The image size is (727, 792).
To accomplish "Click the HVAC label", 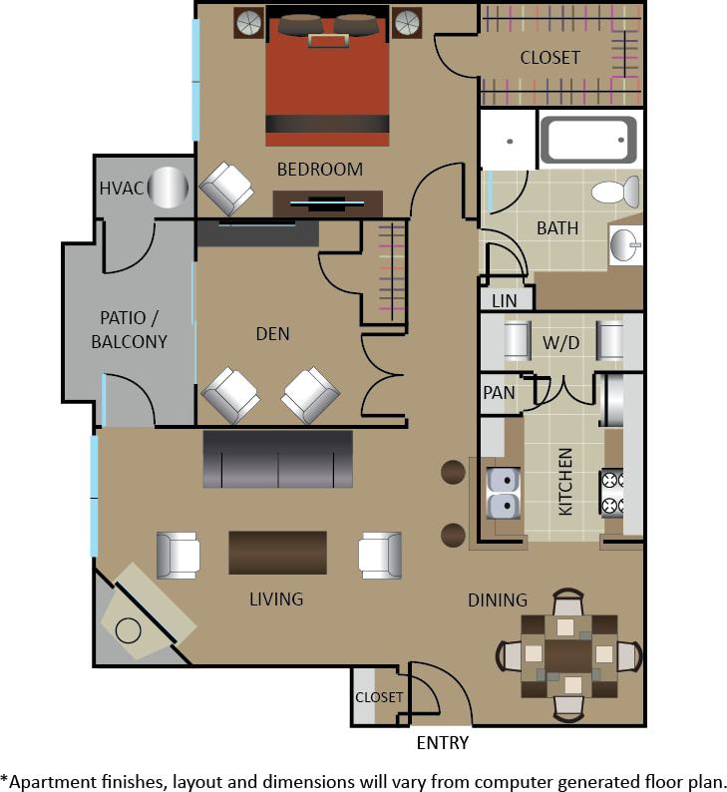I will [x=119, y=189].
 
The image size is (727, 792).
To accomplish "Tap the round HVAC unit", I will [x=168, y=188].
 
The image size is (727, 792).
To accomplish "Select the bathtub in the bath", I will [x=588, y=140].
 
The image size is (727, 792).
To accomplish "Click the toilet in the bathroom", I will [x=615, y=192].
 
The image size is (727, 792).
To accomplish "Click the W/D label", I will [x=559, y=342].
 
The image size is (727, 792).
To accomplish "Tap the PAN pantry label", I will [x=499, y=392].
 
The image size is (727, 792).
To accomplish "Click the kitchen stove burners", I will [x=611, y=493].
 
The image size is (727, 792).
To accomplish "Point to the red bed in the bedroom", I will [x=327, y=75].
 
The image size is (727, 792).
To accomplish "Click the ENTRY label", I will [x=442, y=742].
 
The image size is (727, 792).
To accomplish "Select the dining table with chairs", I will [x=568, y=655].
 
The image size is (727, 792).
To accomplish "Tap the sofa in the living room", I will [x=277, y=459].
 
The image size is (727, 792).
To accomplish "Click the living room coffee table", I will [x=277, y=552].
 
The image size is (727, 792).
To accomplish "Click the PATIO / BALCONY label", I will [x=129, y=329].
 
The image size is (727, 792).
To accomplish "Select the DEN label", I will [x=272, y=334].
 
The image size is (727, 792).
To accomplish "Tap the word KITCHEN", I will [x=565, y=482].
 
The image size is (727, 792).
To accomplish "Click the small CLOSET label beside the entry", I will [x=379, y=697].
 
